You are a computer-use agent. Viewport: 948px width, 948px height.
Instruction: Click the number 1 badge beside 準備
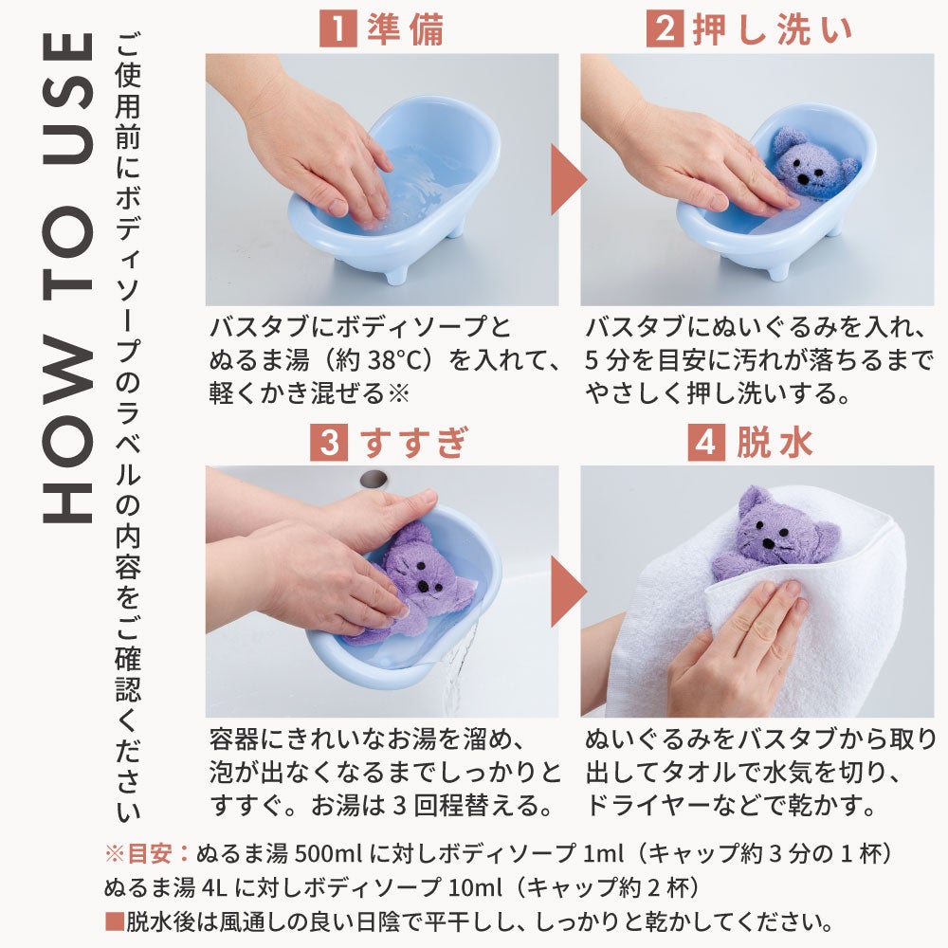(338, 27)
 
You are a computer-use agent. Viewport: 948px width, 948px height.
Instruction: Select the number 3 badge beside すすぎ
(329, 442)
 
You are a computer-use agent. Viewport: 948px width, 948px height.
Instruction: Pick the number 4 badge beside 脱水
(706, 442)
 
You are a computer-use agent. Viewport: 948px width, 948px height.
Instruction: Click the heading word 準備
(406, 28)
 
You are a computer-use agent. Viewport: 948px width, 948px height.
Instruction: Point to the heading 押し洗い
(772, 29)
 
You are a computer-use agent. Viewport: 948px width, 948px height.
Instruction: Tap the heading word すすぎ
(414, 442)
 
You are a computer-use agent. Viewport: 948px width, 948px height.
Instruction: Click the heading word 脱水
(774, 442)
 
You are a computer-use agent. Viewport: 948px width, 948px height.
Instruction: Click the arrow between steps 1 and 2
(568, 179)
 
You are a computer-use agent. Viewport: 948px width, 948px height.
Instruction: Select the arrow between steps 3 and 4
(568, 591)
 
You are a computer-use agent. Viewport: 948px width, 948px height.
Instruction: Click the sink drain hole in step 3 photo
(374, 479)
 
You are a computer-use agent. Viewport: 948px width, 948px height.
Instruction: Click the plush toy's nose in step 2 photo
(804, 180)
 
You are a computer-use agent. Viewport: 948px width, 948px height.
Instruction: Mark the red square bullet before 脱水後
(115, 922)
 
